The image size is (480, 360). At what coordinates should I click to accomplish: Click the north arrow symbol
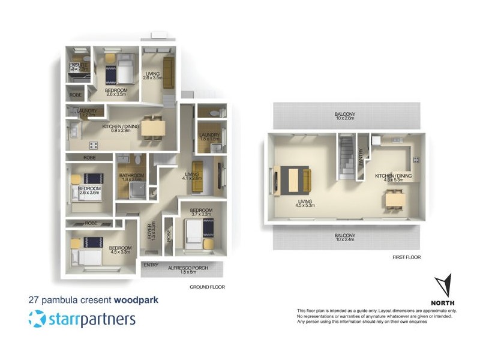point(445,286)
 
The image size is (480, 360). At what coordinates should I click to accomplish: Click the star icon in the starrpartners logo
point(37,319)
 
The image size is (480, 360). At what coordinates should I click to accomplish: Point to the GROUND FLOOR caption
point(207,287)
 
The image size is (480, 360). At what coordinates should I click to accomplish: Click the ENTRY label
point(150,265)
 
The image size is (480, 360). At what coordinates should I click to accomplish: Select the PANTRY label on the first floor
point(361,158)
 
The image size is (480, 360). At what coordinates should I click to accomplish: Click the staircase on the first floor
point(347,157)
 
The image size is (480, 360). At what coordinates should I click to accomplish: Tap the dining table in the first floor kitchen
point(394,199)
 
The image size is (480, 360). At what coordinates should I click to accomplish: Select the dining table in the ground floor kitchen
point(152,129)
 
